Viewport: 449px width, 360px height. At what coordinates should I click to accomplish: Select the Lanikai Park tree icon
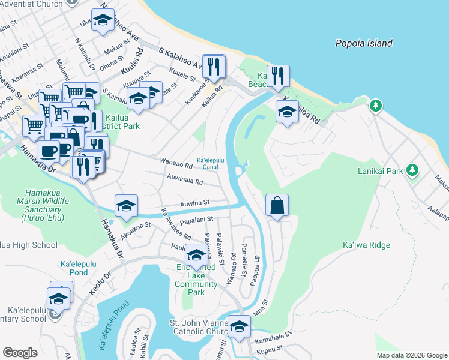point(412,170)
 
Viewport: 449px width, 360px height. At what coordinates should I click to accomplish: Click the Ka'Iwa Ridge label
point(366,245)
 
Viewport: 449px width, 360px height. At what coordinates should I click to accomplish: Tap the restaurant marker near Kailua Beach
point(278,76)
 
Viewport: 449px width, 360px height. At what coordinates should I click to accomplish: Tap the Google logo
point(20,353)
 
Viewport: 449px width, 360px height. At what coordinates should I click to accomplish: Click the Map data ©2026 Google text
point(412,355)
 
